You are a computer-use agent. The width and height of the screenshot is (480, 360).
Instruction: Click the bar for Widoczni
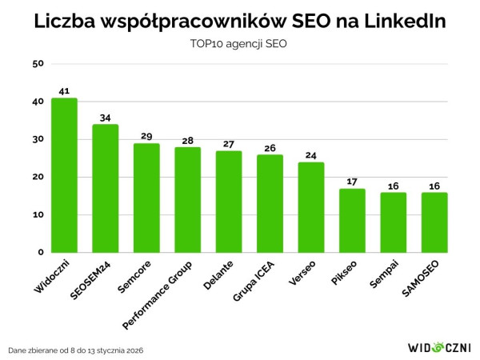[64, 175]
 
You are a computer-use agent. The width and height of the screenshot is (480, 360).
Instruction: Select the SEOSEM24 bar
[105, 189]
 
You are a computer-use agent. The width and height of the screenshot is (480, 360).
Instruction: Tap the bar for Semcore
[146, 198]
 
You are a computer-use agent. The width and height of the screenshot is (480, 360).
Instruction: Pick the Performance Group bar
[188, 200]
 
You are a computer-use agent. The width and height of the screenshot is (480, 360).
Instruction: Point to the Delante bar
[229, 202]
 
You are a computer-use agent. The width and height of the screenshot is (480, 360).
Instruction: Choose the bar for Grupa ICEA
[270, 204]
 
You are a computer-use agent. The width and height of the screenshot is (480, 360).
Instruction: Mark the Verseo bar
[311, 208]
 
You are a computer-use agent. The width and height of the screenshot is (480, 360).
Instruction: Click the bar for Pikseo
[352, 221]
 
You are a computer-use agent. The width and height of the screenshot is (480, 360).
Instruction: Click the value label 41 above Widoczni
[64, 90]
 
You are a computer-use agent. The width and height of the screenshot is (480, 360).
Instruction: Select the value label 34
[105, 118]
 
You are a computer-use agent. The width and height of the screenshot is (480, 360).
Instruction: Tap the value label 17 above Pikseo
[352, 182]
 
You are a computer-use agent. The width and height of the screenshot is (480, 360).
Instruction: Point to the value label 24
[311, 155]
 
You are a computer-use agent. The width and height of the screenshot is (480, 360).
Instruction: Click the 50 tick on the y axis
[37, 64]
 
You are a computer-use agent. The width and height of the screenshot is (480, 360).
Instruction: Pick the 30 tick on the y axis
[37, 139]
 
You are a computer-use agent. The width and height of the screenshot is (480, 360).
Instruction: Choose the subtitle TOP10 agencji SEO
[240, 44]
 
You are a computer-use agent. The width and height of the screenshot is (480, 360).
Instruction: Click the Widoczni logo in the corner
[438, 348]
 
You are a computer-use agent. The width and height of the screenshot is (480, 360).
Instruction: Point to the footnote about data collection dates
[76, 350]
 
